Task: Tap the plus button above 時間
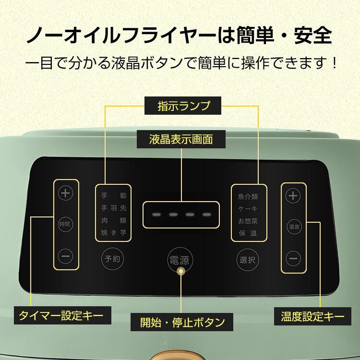(x=65, y=193)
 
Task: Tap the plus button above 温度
(x=293, y=195)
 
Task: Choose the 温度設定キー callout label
(x=312, y=316)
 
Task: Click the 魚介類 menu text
(x=248, y=196)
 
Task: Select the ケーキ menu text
(x=248, y=209)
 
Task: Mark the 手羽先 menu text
(x=113, y=208)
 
